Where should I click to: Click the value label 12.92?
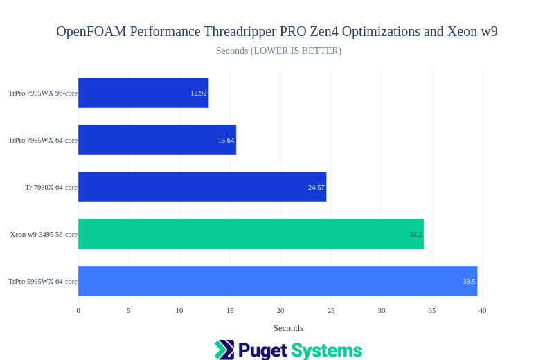199,93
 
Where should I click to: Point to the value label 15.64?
226,140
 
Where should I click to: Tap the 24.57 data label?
316,187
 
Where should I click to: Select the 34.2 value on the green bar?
415,234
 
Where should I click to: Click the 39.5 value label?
469,281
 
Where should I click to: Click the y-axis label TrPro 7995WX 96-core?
43,93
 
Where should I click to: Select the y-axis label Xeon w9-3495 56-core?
44,234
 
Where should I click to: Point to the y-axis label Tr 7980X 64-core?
51,187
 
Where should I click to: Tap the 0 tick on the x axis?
78,310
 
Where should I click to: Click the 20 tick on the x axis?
280,310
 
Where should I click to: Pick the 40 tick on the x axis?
483,310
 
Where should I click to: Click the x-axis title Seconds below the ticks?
288,328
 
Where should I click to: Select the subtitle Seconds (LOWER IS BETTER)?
278,51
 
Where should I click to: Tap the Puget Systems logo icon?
224,350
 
